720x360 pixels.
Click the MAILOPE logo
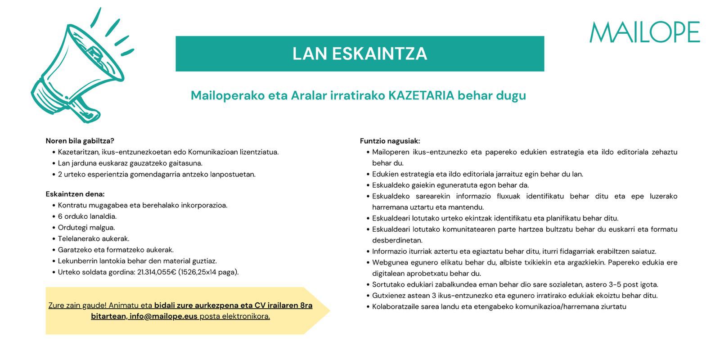click(644, 32)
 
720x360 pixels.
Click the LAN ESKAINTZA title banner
click(360, 54)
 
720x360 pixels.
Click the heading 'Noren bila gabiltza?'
click(80, 141)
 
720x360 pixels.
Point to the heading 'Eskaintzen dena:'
click(75, 194)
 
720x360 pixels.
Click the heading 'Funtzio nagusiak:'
click(390, 141)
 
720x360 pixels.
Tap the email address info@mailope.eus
click(163, 316)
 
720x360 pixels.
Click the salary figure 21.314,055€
click(157, 272)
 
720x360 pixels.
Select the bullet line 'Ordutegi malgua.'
click(86, 227)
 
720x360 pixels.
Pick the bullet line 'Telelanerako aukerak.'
click(94, 238)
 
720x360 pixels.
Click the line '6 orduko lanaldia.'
click(87, 216)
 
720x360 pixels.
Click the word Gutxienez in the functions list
click(388, 296)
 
